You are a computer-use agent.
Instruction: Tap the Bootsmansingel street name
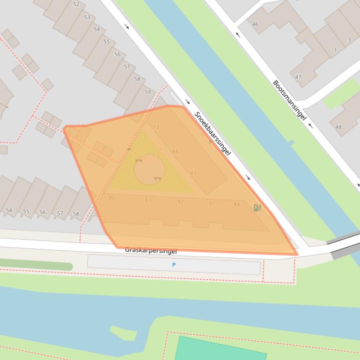(289, 100)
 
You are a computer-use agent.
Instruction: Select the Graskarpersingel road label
(151, 251)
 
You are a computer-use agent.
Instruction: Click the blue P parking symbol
(174, 265)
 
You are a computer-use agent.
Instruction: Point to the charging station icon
(257, 208)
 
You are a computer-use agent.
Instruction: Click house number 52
(76, 4)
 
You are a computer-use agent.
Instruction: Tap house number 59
(148, 92)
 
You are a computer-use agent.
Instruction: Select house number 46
(255, 24)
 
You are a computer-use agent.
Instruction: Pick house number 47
(298, 77)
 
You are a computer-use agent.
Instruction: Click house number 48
(338, 127)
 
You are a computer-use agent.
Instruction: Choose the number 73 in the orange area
(156, 127)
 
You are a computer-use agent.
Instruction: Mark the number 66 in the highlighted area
(176, 151)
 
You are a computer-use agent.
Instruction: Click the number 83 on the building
(193, 173)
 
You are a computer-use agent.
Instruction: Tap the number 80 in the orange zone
(112, 198)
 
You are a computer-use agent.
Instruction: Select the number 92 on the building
(180, 202)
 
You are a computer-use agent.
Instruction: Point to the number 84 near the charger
(236, 204)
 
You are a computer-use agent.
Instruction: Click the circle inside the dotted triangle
(149, 169)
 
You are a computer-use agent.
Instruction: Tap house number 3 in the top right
(349, 40)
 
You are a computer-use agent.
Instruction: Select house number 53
(87, 17)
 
